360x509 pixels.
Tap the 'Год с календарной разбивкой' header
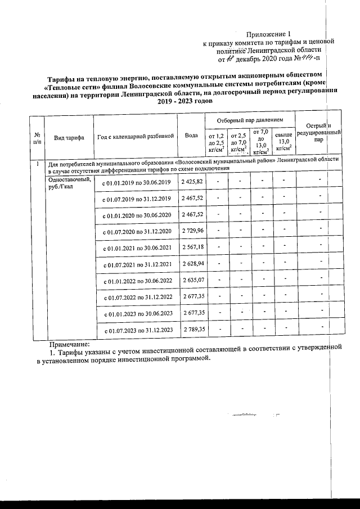[x=135, y=137]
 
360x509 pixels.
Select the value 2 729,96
[x=193, y=231]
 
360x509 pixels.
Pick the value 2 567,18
[x=193, y=247]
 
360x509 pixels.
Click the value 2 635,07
[x=193, y=280]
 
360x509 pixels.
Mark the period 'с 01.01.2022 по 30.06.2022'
[x=135, y=280]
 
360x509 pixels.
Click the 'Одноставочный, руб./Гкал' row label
[x=69, y=182]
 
